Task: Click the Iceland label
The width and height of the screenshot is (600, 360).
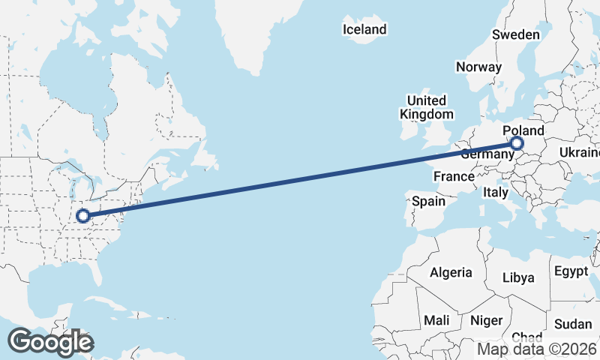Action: [x=364, y=29]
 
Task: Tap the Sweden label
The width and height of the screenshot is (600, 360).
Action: [x=516, y=34]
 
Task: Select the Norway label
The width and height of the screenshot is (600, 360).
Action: [x=478, y=67]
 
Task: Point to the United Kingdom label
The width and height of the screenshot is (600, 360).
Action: [x=427, y=107]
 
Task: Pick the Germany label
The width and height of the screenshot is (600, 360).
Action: [x=486, y=154]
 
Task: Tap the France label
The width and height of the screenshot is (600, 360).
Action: [x=454, y=177]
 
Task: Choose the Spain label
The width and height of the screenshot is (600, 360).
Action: [x=429, y=201]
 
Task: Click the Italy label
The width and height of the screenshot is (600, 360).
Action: [x=495, y=192]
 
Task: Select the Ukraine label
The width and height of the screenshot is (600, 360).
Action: [x=580, y=153]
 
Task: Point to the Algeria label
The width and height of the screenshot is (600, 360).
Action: [x=451, y=272]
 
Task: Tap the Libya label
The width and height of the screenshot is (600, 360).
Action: [x=518, y=277]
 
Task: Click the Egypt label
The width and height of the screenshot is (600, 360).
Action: [x=571, y=270]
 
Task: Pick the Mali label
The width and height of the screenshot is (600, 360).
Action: [x=436, y=320]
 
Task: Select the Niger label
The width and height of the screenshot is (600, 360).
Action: [x=486, y=320]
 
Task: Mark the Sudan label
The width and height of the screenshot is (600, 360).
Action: [x=573, y=325]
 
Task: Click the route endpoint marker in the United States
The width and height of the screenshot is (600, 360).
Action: [x=83, y=217]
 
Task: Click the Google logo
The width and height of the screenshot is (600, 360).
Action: [x=50, y=342]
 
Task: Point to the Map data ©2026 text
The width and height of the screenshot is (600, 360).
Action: [x=538, y=349]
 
